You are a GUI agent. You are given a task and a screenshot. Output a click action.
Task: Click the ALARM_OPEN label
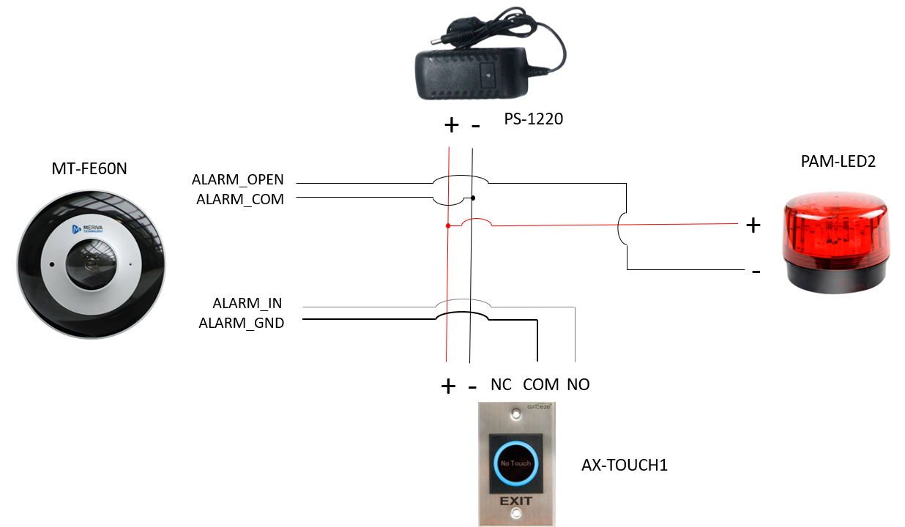pyautogui.click(x=237, y=180)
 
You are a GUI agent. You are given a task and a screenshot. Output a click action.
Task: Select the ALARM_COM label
pyautogui.click(x=239, y=198)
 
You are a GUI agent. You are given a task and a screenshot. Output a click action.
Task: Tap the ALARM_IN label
pyautogui.click(x=247, y=303)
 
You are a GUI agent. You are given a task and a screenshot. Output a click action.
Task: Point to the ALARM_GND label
pyautogui.click(x=241, y=322)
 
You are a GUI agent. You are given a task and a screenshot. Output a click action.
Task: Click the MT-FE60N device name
pyautogui.click(x=91, y=170)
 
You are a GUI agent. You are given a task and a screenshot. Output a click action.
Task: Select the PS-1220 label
pyautogui.click(x=533, y=119)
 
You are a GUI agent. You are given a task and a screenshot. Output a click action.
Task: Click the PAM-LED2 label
pyautogui.click(x=838, y=162)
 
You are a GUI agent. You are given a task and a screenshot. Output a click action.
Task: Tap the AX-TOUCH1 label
pyautogui.click(x=625, y=465)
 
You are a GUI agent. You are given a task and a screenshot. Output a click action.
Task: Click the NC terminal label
pyautogui.click(x=501, y=385)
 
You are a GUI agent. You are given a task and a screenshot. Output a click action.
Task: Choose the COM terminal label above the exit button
pyautogui.click(x=541, y=385)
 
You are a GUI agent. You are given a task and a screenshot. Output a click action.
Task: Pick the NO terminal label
pyautogui.click(x=578, y=385)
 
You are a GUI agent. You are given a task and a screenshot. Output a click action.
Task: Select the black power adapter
pyautogui.click(x=472, y=73)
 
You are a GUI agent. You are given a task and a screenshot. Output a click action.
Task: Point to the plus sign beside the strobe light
pyautogui.click(x=753, y=225)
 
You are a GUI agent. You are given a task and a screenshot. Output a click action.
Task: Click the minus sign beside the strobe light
pyautogui.click(x=755, y=272)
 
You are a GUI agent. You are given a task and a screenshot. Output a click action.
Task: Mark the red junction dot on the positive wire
pyautogui.click(x=447, y=226)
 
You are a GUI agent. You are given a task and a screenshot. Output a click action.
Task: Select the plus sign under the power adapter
pyautogui.click(x=452, y=125)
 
